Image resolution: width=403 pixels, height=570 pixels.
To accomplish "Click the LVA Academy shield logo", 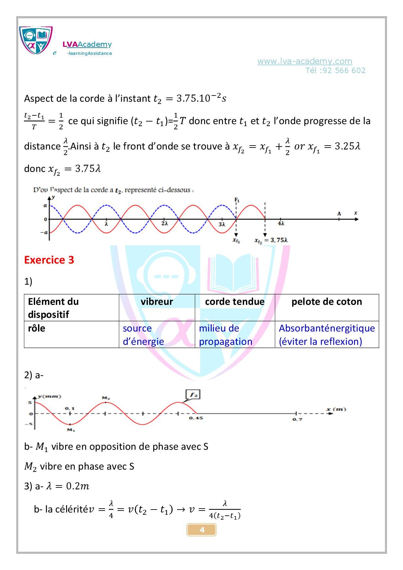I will (x=36, y=40).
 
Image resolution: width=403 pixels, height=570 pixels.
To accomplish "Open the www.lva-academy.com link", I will (x=305, y=61).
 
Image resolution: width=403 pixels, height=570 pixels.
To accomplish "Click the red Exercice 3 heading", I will (x=49, y=260).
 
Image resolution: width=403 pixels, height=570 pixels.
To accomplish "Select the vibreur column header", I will (x=157, y=302).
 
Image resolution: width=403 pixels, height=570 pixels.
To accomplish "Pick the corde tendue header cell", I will (x=235, y=302).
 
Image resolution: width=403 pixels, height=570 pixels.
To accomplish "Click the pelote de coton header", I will (x=327, y=302).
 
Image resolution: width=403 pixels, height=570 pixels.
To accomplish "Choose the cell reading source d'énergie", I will (x=143, y=335).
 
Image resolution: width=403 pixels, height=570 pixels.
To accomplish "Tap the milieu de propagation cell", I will (x=225, y=335).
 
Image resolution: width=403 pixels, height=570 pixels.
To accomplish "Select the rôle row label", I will (x=36, y=329).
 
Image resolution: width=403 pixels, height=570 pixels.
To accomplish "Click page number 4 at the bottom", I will (x=201, y=530).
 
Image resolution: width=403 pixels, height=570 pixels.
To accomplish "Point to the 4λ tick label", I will (x=281, y=224).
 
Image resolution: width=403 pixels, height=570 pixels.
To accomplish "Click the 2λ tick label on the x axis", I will (x=164, y=224).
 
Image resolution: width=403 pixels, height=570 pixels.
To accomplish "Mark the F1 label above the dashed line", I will (x=237, y=200).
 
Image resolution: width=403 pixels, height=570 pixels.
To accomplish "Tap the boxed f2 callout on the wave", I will (x=193, y=395).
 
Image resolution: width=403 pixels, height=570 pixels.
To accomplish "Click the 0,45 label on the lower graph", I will (x=196, y=418).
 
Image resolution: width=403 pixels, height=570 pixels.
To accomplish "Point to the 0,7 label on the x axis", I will (x=297, y=419).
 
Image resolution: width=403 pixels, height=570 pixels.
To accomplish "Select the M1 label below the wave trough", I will (x=71, y=430).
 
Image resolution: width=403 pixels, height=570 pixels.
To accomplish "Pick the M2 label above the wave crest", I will (x=106, y=398).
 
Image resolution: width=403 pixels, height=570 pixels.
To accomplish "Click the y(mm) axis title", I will (x=49, y=396).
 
